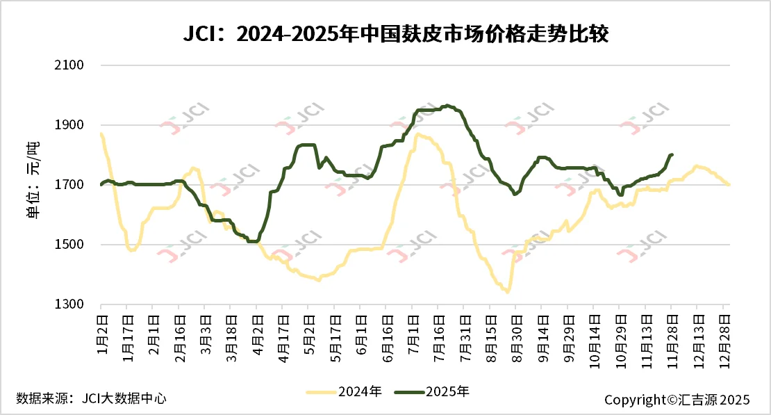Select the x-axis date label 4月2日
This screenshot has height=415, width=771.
pos(257,332)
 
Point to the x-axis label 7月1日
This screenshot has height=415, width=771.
pos(413,332)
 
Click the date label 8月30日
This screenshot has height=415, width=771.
pos(516,335)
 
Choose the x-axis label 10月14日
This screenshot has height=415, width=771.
pos(594,337)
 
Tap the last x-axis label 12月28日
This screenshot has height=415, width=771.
pos(724,337)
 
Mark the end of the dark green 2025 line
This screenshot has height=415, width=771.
pos(672,154)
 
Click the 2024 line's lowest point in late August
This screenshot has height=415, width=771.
pos(508,292)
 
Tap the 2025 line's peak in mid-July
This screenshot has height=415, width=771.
pos(448,106)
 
